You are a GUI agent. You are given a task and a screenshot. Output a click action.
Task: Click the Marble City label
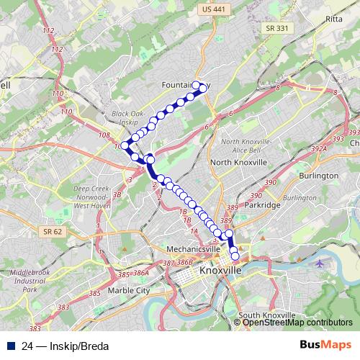click(x=127, y=291)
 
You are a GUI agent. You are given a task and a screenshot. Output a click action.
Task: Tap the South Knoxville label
click(x=266, y=315)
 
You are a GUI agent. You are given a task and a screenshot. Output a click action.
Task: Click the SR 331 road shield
click(x=273, y=28)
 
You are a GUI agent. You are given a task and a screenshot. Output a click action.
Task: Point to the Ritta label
click(x=333, y=19)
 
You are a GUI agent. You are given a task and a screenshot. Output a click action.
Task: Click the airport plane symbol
click(x=320, y=263)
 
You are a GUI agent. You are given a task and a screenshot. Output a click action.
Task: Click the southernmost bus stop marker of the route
click(x=235, y=256)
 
